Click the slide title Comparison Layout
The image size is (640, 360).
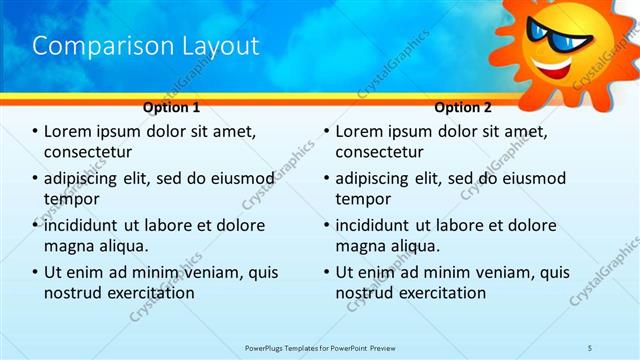146,46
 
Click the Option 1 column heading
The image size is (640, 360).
172,107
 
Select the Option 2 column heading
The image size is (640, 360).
463,107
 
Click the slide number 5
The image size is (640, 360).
590,347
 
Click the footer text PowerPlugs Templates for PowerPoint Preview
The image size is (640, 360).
320,347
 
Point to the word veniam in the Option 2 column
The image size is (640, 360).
497,272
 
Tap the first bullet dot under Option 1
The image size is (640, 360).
36,132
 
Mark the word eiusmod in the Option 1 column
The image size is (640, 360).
239,179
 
